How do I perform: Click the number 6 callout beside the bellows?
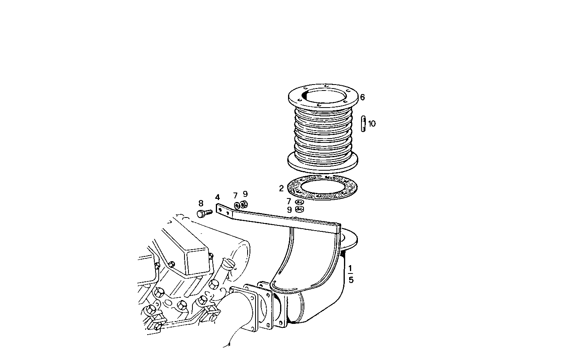(362, 97)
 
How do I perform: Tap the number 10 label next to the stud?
(371, 124)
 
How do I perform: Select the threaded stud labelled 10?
(363, 123)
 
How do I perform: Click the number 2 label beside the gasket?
(281, 189)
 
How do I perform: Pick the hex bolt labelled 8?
(204, 213)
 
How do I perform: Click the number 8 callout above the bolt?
(201, 204)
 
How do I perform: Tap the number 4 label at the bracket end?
(217, 197)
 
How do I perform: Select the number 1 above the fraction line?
(350, 269)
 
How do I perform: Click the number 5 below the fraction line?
(351, 280)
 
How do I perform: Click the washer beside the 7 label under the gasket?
(300, 202)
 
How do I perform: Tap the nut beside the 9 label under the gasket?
(300, 209)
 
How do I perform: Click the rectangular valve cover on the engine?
(186, 254)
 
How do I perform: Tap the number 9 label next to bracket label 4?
(245, 194)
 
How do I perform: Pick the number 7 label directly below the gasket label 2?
(289, 201)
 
